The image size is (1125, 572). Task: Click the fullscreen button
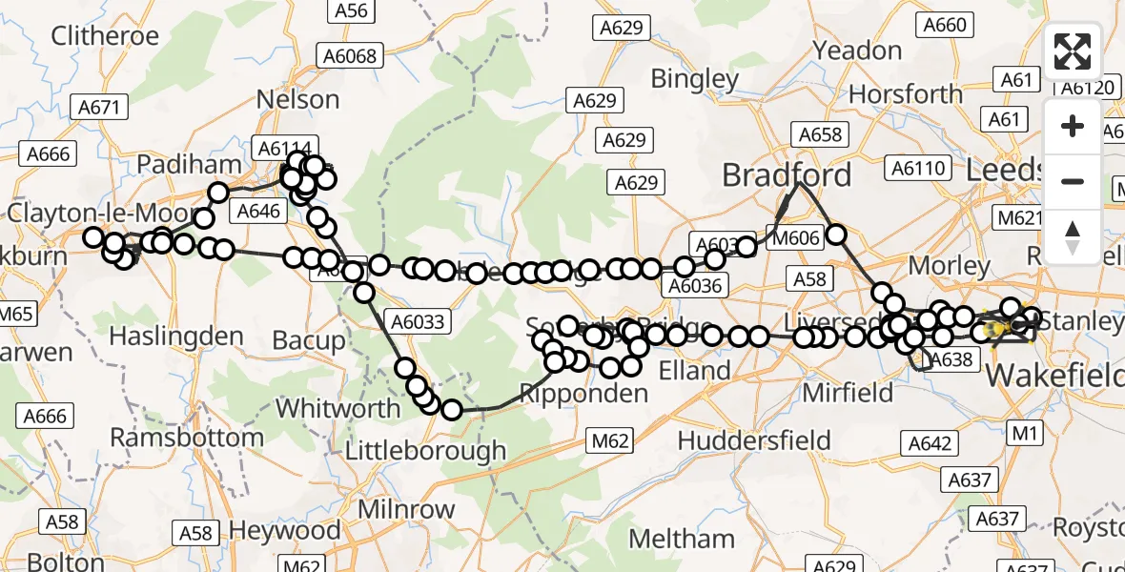pyautogui.click(x=1073, y=51)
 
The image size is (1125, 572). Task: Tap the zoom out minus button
pyautogui.click(x=1073, y=181)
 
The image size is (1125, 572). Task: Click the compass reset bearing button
pyautogui.click(x=1073, y=236)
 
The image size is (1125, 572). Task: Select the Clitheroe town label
pyautogui.click(x=105, y=36)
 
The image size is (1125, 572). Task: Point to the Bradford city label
pyautogui.click(x=787, y=175)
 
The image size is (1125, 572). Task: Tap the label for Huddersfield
pyautogui.click(x=754, y=440)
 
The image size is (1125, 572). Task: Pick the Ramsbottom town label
pyautogui.click(x=187, y=438)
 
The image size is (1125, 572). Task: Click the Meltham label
pyautogui.click(x=682, y=539)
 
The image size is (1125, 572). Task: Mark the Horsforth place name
pyautogui.click(x=906, y=94)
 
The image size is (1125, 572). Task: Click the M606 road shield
pyautogui.click(x=794, y=238)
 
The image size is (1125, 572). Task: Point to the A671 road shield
pyautogui.click(x=99, y=107)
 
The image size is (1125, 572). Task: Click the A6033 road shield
pyautogui.click(x=416, y=321)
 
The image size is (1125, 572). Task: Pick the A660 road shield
pyautogui.click(x=944, y=26)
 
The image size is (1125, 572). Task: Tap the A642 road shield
pyautogui.click(x=930, y=442)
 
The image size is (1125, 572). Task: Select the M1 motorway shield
pyautogui.click(x=1024, y=434)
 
